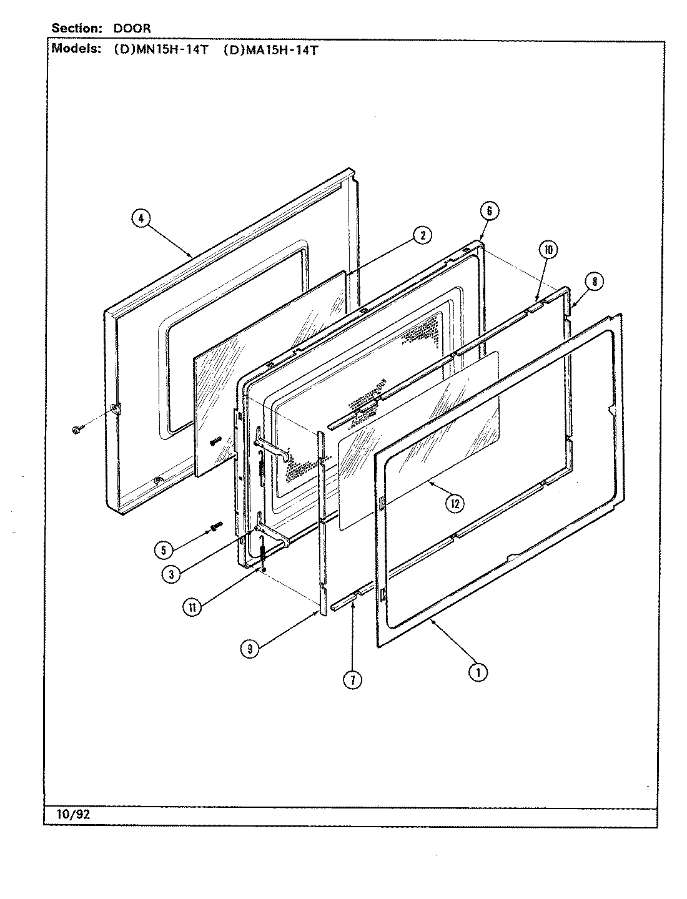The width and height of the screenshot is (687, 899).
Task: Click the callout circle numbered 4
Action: pos(141,219)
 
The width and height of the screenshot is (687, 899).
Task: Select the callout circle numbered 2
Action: pos(422,235)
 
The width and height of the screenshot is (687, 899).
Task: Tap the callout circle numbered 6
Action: pos(489,211)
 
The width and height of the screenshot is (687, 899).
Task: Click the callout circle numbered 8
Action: pos(595,282)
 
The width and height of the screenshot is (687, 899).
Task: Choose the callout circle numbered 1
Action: pos(478,672)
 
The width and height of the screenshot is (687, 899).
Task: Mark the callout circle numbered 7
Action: pos(352,680)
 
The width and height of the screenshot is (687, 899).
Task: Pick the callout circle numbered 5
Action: pos(163,550)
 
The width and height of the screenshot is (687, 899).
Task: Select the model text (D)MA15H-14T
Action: pos(270,50)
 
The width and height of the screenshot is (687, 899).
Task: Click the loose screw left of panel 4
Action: pos(76,430)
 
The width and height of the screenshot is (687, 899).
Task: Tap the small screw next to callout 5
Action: pos(215,528)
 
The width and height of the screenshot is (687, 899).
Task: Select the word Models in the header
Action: pos(76,49)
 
